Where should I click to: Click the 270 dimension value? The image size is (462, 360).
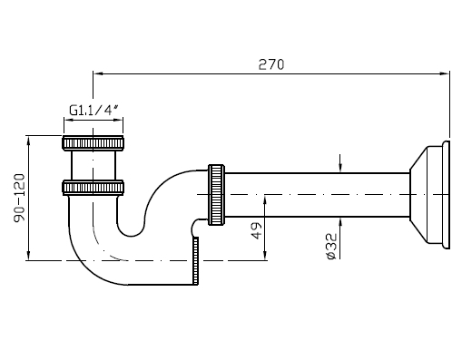[271, 64]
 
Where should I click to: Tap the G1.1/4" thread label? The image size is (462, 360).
[93, 111]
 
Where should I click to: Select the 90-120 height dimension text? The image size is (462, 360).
[20, 198]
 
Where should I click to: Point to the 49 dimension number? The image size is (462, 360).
[257, 230]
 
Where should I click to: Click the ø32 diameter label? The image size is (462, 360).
[331, 246]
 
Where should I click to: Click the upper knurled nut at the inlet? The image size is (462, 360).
[93, 143]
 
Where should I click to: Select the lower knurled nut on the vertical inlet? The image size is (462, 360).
[93, 187]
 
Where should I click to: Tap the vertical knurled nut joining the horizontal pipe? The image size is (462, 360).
[216, 195]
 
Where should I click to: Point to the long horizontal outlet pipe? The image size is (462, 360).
[317, 195]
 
